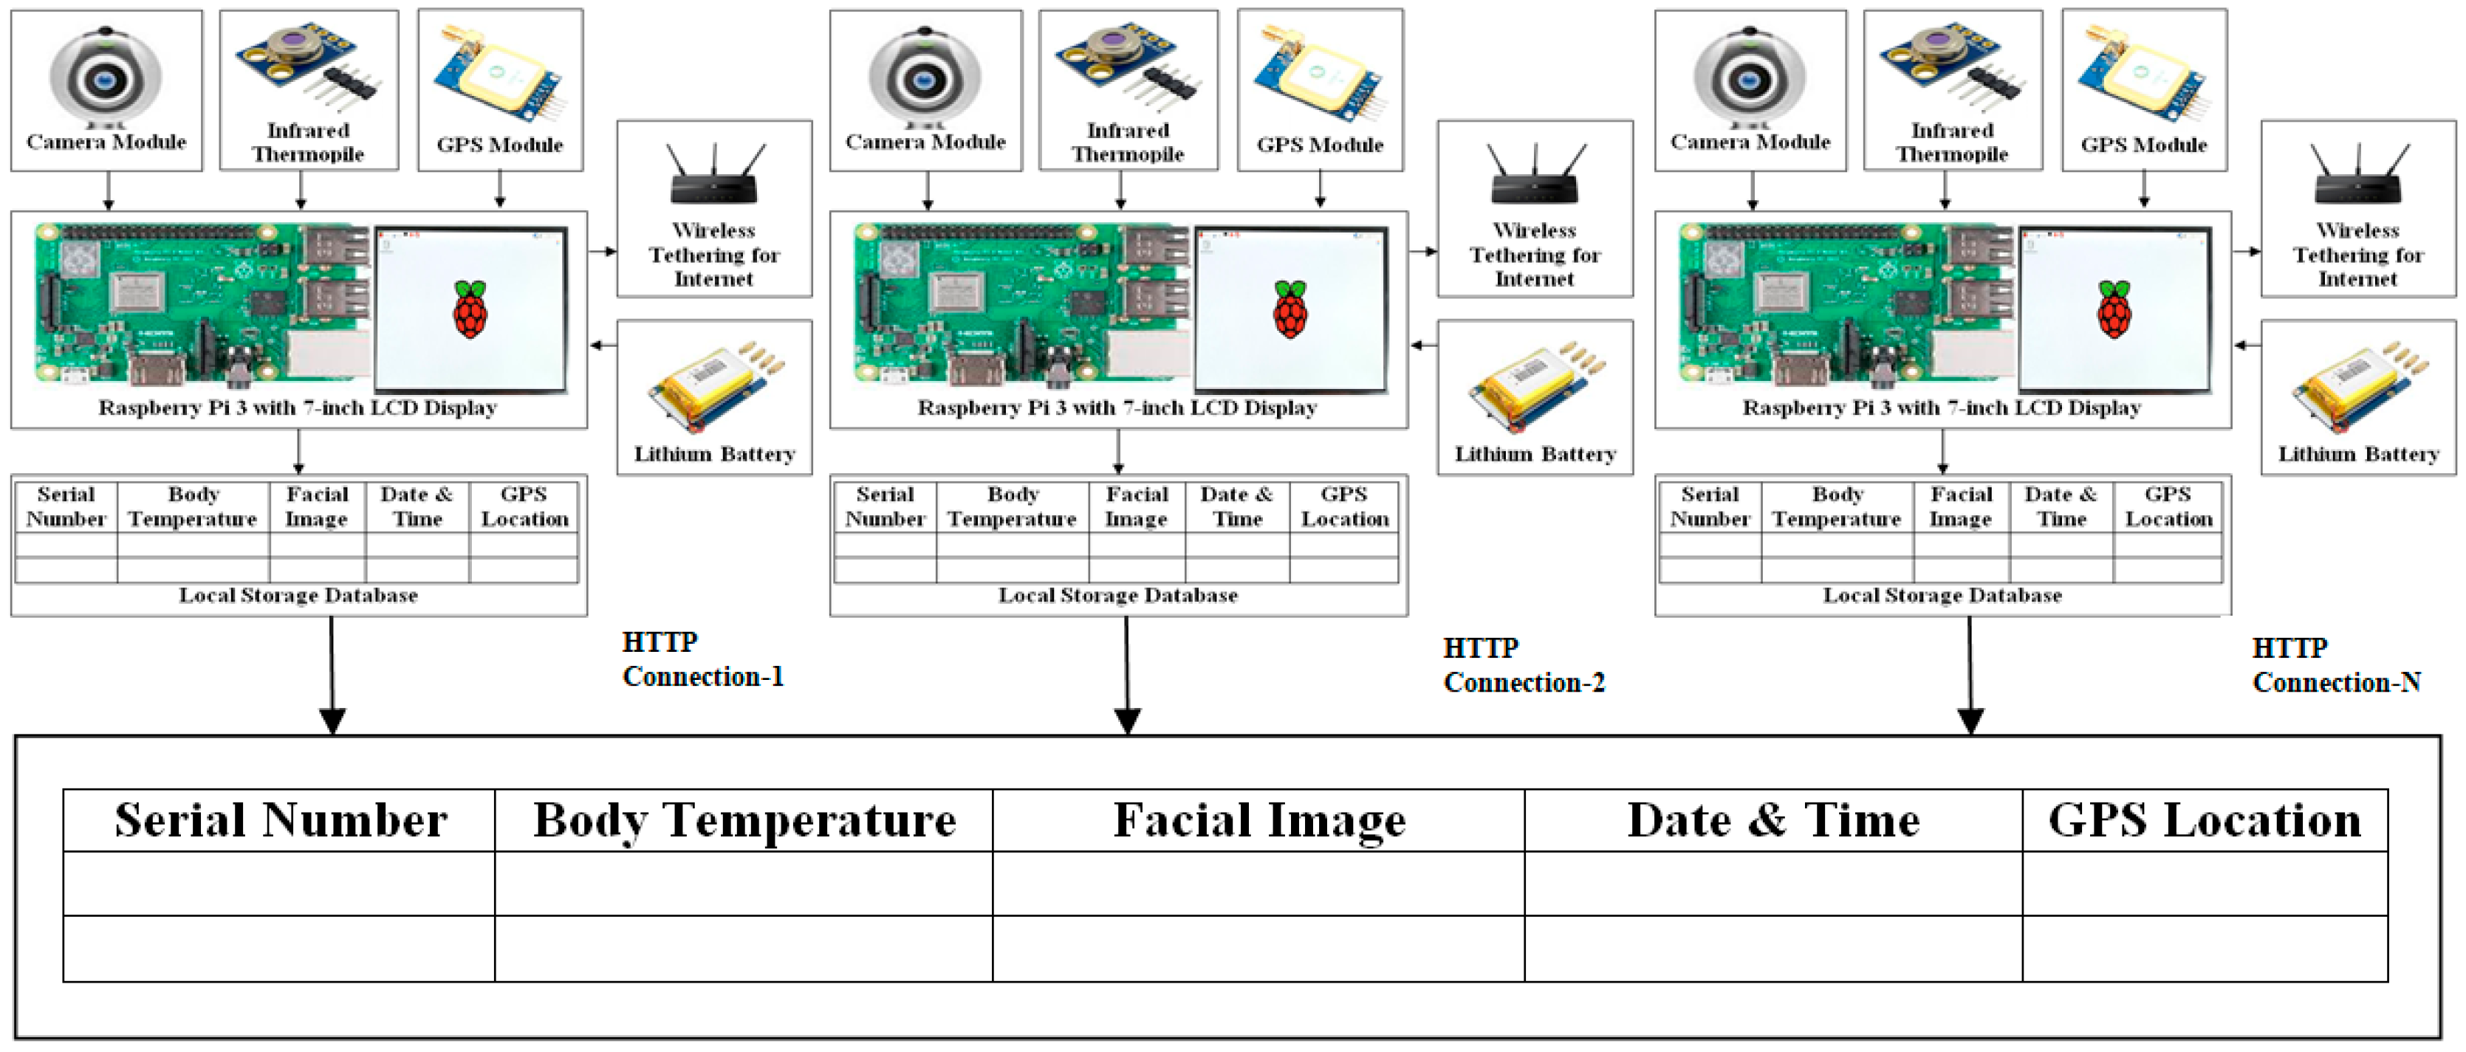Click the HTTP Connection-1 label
tap(702, 659)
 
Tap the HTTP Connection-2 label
tap(1523, 665)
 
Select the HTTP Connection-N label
tap(2336, 665)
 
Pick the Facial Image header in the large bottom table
tap(1258, 820)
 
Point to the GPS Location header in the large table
tap(2204, 820)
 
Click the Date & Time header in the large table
tap(1773, 820)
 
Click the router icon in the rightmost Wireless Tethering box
tap(2357, 178)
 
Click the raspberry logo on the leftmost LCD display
tap(469, 309)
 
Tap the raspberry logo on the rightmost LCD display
tap(2114, 309)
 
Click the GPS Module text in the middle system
tap(1319, 145)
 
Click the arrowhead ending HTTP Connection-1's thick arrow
tap(332, 720)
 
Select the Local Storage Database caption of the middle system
tap(1117, 596)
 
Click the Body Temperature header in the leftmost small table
tap(193, 506)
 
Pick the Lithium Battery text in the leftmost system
tap(714, 454)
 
